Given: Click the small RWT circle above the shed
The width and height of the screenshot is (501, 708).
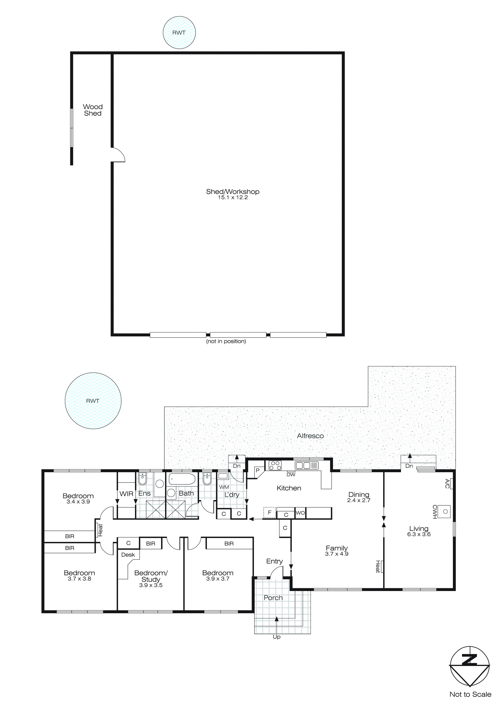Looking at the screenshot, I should click(x=179, y=32).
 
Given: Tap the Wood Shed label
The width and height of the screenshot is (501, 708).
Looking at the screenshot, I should click(x=93, y=110).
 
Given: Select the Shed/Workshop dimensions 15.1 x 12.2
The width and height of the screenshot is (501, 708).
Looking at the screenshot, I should click(x=233, y=198).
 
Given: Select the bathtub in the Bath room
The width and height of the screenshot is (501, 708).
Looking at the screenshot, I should click(x=182, y=479).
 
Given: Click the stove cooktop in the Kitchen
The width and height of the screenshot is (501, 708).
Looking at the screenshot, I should click(x=275, y=465).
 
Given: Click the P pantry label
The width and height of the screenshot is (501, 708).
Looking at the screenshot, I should click(x=257, y=471).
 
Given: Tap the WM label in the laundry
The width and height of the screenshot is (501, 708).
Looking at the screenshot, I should click(x=224, y=487).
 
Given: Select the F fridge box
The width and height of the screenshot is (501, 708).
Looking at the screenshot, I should click(x=269, y=512).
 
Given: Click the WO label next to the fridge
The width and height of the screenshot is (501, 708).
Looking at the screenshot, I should click(x=300, y=513).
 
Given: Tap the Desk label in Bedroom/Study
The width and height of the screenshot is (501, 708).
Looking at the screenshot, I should click(x=128, y=555).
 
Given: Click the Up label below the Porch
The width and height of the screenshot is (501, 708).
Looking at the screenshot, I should click(x=276, y=637).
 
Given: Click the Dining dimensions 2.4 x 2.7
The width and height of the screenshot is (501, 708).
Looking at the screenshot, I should click(x=359, y=500).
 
